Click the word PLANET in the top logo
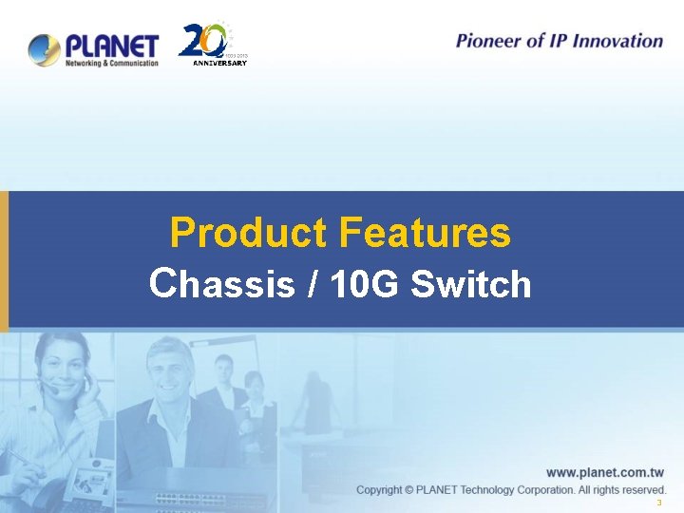pyautogui.click(x=112, y=45)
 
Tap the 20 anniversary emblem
pyautogui.click(x=203, y=42)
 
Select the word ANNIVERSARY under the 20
pyautogui.click(x=219, y=64)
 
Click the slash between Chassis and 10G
pyautogui.click(x=313, y=283)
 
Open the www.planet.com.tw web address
pyautogui.click(x=604, y=471)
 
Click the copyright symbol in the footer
pyautogui.click(x=409, y=489)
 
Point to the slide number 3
pyautogui.click(x=658, y=503)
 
